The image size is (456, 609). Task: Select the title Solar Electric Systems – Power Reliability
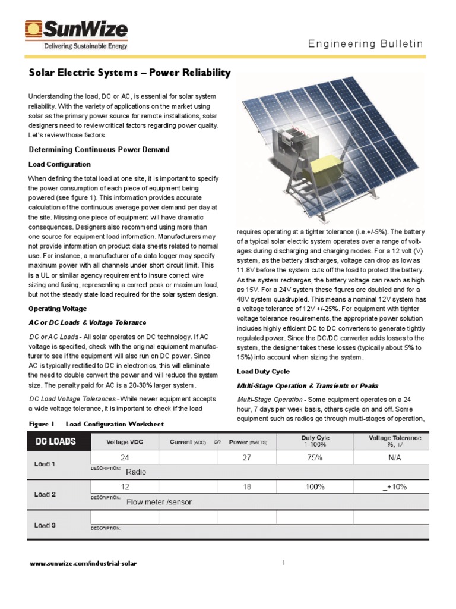click(x=129, y=73)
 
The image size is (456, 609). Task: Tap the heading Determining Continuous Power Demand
click(x=99, y=150)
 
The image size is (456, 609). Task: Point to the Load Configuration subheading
click(x=60, y=164)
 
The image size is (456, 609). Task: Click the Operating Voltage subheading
click(x=58, y=309)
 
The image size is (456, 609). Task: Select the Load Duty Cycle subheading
click(x=264, y=371)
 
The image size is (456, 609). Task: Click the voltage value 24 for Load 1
click(x=125, y=458)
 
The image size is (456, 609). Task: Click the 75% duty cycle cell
click(x=315, y=458)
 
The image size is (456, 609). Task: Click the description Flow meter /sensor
click(x=159, y=501)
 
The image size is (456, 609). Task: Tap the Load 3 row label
click(x=45, y=525)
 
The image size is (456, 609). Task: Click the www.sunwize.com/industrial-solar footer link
click(x=83, y=563)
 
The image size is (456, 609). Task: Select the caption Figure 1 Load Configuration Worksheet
click(x=97, y=424)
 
